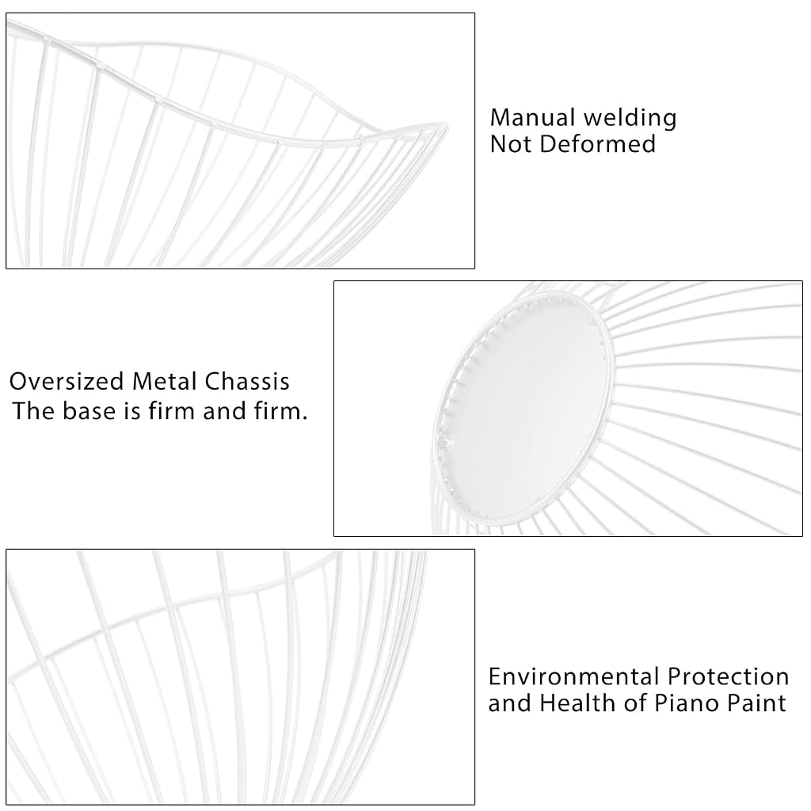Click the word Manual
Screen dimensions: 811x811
click(x=533, y=118)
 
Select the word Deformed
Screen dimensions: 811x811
click(x=597, y=144)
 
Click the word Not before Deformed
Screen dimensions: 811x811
click(x=512, y=144)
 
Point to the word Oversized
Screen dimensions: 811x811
click(x=67, y=382)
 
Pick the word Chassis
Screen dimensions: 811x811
click(x=247, y=382)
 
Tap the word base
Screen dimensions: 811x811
click(x=89, y=411)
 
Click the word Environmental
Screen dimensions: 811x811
click(x=574, y=677)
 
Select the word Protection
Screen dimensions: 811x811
click(x=728, y=677)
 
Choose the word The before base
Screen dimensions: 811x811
click(x=34, y=411)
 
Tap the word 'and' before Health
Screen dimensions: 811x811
click(x=510, y=703)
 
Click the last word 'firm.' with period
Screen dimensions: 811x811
click(x=281, y=411)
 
